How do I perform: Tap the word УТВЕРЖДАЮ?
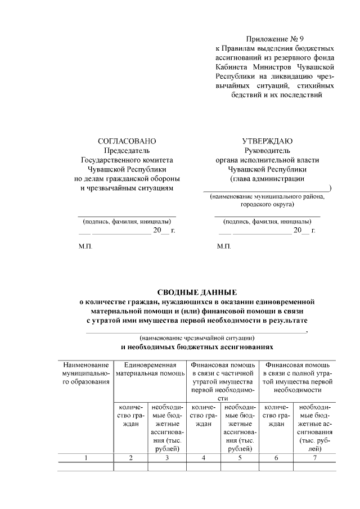267,141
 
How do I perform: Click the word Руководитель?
267,151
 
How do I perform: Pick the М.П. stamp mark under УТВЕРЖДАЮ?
224,247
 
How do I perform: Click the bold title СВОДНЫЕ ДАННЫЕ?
197,292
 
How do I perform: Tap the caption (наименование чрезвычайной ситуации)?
197,338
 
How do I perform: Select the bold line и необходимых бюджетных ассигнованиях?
197,348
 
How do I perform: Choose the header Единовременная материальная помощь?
150,370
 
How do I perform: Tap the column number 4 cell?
203,458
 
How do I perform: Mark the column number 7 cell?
315,458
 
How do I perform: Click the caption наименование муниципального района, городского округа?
267,201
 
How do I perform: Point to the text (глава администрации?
267,179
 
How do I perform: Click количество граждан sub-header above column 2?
130,416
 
